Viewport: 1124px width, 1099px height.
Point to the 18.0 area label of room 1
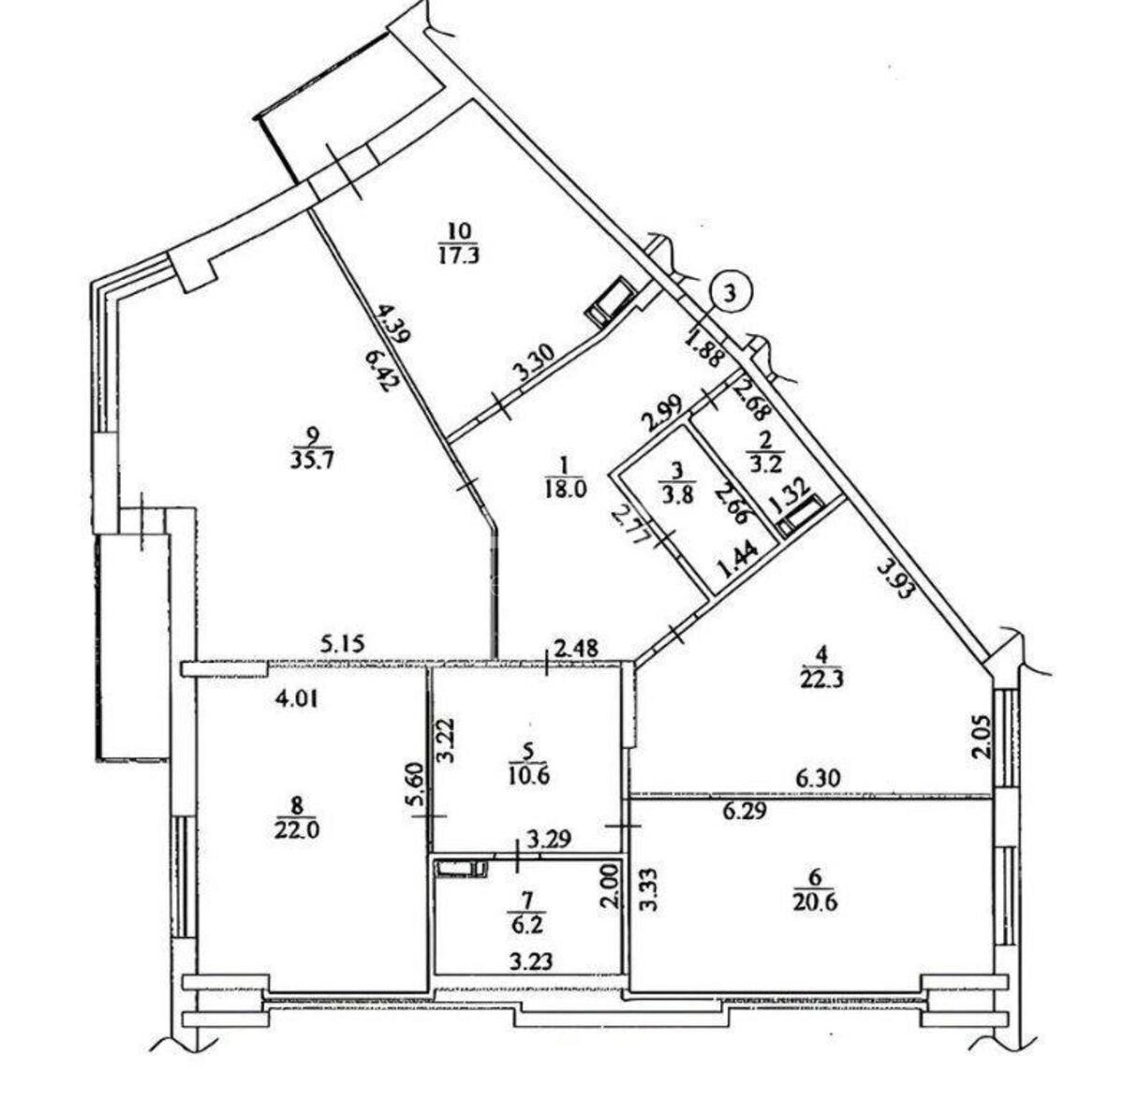click(564, 490)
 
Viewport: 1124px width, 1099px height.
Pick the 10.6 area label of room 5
click(529, 775)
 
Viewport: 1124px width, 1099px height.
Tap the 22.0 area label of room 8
click(298, 829)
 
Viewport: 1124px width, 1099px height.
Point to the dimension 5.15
click(344, 643)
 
